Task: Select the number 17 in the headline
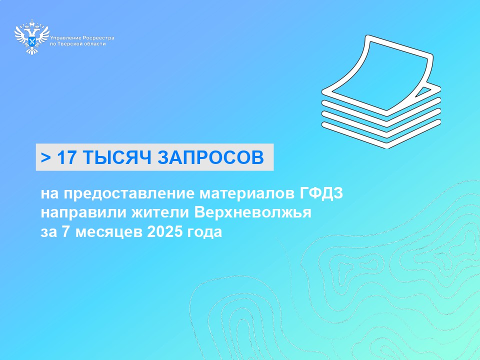pos(65,157)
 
